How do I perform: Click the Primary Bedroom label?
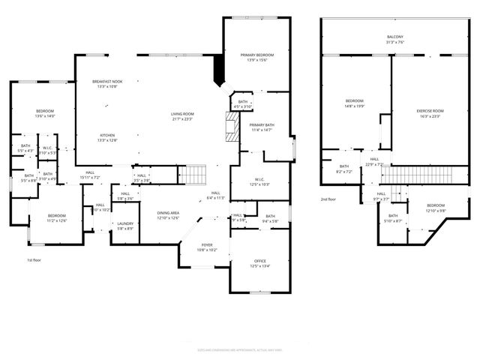pos(256,56)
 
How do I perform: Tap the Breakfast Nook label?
pos(107,81)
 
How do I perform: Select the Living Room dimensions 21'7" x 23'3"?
pos(182,119)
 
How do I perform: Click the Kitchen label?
pos(108,135)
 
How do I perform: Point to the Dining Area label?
pos(168,213)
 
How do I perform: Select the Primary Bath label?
pos(262,124)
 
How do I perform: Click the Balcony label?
pos(394,37)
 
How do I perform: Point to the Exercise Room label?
pos(429,111)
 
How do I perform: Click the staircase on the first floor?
pos(194,174)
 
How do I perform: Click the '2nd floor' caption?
pos(328,199)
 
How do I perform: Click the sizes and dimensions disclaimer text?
pos(239,349)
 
